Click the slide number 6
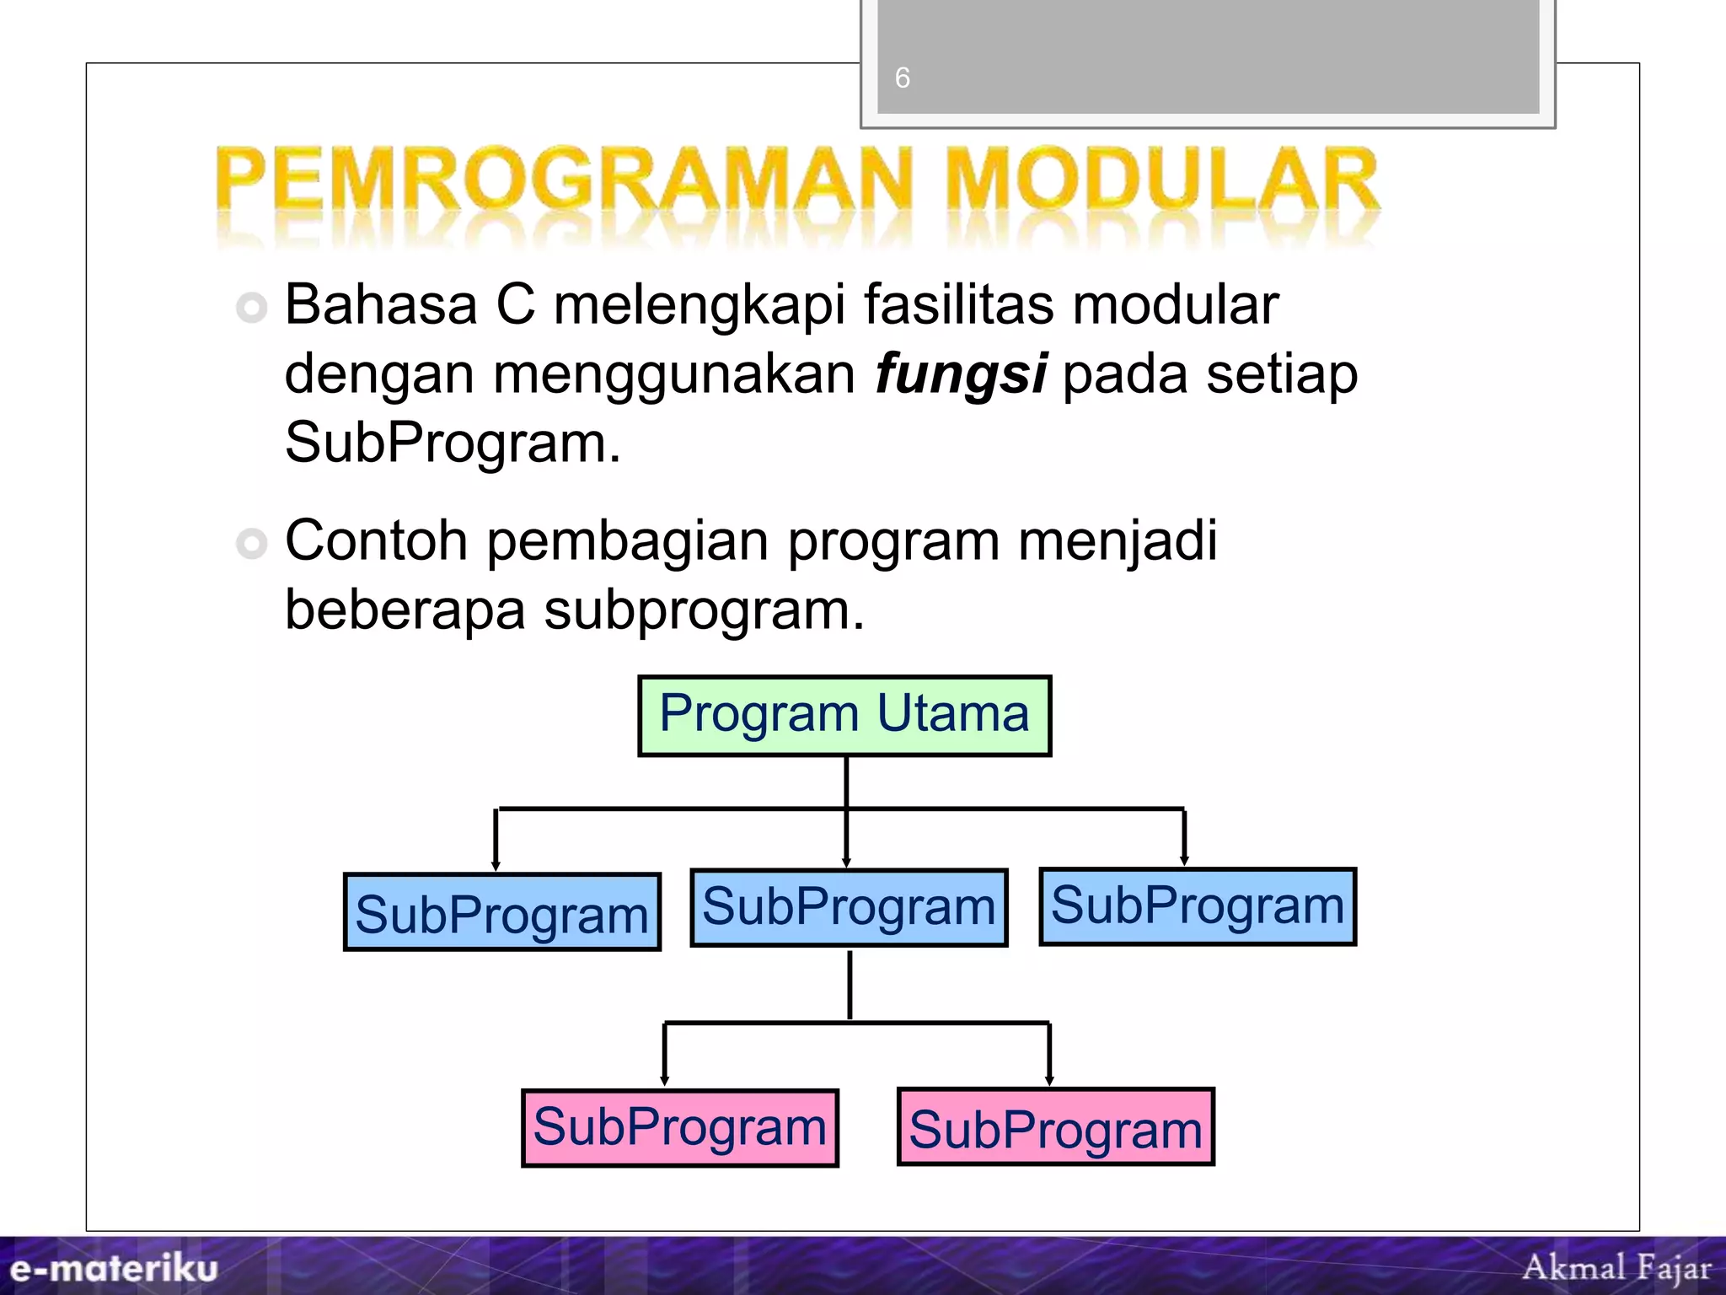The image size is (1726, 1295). [902, 78]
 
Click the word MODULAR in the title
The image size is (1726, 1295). [1161, 181]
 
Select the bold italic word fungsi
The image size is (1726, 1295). [961, 374]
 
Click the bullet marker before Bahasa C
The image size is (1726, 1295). [252, 307]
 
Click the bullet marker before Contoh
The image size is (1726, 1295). [252, 543]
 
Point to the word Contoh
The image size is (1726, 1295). [376, 540]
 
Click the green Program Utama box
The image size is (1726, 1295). [844, 716]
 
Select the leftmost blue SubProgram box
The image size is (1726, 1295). [502, 912]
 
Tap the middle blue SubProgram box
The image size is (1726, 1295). [849, 907]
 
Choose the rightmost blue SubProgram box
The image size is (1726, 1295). [1198, 906]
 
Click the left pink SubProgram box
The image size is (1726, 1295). [680, 1128]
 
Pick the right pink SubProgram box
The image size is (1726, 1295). [1055, 1127]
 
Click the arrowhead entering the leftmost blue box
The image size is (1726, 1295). [496, 865]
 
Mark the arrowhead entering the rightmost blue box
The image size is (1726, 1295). [1184, 860]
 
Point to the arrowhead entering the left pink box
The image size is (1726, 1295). [664, 1080]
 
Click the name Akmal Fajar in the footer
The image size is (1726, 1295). [1616, 1267]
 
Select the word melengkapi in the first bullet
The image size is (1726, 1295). [699, 305]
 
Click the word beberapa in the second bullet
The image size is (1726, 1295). [405, 610]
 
